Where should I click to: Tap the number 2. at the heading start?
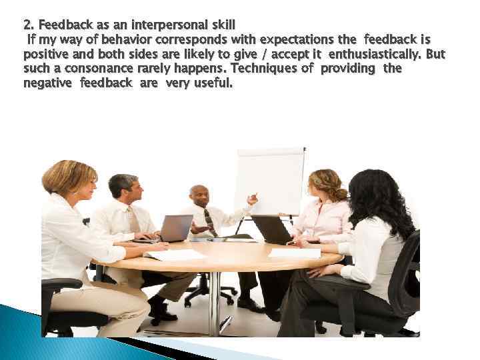point(29,25)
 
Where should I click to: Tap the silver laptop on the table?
point(175,228)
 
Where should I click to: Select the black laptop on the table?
point(272,230)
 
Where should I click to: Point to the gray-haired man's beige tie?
point(133,219)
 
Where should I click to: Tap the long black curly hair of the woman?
point(381,200)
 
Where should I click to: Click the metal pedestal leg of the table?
point(214,300)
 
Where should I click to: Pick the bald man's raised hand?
point(252,199)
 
